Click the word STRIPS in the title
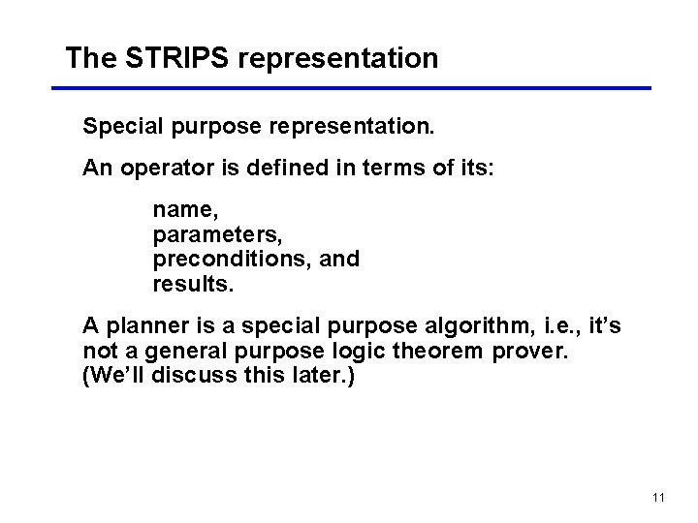(x=177, y=58)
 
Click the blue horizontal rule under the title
(x=350, y=88)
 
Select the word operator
(x=159, y=169)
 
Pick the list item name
(x=181, y=209)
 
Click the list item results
(x=193, y=285)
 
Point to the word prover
(x=529, y=352)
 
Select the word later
(x=324, y=376)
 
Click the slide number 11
(x=658, y=498)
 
